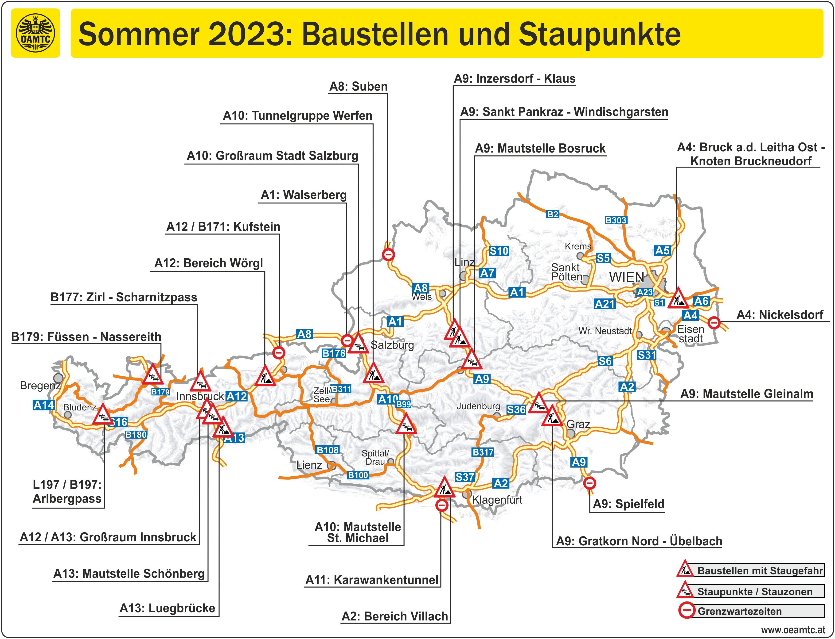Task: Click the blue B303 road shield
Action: click(616, 220)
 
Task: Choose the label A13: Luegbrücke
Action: click(168, 608)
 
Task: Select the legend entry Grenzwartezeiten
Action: click(739, 611)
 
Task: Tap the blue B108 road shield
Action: click(328, 450)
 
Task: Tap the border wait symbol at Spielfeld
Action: click(589, 483)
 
